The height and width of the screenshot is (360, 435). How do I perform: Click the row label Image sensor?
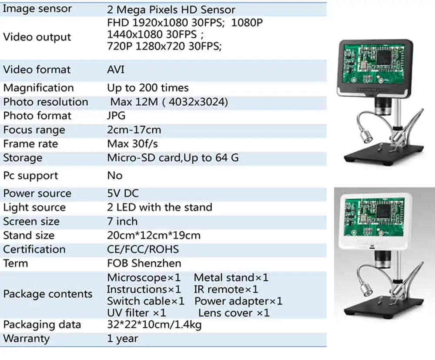(37, 9)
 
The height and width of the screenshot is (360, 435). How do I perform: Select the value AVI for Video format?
(116, 70)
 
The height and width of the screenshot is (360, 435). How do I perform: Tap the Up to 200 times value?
(147, 88)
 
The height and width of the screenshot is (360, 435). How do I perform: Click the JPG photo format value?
(116, 116)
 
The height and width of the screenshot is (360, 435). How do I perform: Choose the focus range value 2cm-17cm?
(134, 130)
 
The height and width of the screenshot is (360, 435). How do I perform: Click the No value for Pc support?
(115, 176)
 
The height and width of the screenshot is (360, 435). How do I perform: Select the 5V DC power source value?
(123, 193)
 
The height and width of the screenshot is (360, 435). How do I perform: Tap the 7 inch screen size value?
(122, 221)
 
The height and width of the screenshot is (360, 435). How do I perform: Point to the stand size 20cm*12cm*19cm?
(154, 236)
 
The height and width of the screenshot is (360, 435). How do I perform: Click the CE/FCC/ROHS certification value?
(143, 250)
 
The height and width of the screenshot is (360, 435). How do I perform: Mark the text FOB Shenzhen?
(144, 263)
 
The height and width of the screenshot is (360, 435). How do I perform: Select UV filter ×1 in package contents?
(136, 313)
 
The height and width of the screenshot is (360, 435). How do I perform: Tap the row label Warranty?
(26, 339)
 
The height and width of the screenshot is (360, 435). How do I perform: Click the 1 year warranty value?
(123, 339)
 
